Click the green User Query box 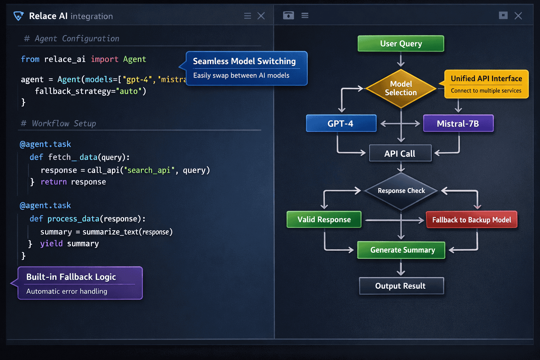[x=401, y=44]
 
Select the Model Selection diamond [x=401, y=88]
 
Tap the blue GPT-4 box [x=341, y=123]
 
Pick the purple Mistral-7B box [x=458, y=123]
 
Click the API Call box [x=400, y=153]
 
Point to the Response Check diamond [x=401, y=191]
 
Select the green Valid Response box [x=324, y=219]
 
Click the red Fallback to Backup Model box [x=471, y=220]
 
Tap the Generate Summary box [x=401, y=250]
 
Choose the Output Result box [x=401, y=286]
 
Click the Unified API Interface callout [x=486, y=84]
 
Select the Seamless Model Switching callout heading [x=244, y=61]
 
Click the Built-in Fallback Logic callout [x=80, y=283]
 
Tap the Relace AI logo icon [x=18, y=16]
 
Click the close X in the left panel [x=261, y=16]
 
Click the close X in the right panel [x=518, y=16]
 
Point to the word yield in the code [x=51, y=243]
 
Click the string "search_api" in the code [x=149, y=170]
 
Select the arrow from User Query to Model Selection [x=401, y=60]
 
